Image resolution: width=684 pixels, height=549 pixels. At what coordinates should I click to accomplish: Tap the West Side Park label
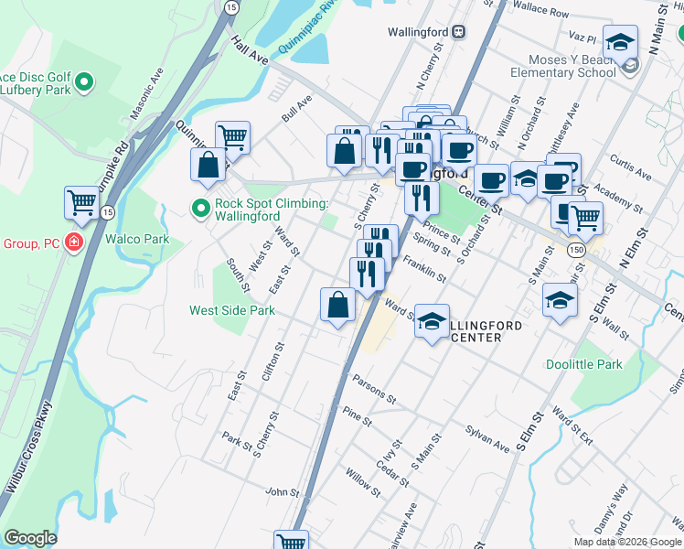tap(232, 310)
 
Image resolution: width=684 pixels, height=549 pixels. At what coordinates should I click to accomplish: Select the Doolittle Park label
tap(583, 363)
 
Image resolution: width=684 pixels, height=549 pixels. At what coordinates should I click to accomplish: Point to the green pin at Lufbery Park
tap(85, 83)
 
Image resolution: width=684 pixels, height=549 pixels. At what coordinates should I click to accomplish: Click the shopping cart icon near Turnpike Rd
tap(81, 202)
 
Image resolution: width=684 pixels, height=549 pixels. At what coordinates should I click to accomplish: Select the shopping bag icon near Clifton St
tap(337, 305)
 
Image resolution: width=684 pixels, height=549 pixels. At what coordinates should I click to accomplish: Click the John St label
tap(276, 492)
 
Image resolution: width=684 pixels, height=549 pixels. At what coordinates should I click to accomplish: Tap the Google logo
tap(30, 538)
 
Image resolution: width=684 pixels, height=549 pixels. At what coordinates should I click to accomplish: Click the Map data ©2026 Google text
tap(626, 542)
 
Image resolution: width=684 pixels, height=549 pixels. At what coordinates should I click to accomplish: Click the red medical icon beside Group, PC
tap(73, 244)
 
